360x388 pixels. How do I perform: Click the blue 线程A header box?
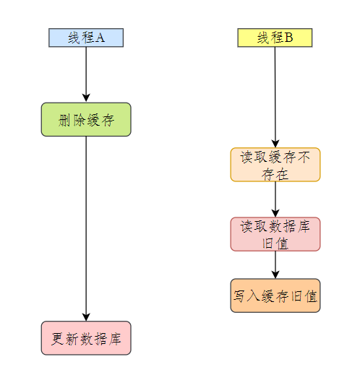point(86,38)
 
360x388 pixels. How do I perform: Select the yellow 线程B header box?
point(275,38)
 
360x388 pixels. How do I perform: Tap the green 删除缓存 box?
point(86,119)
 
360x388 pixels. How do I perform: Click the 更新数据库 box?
point(86,338)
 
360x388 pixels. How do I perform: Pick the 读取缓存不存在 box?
point(275,165)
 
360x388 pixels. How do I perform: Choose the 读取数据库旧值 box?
point(275,234)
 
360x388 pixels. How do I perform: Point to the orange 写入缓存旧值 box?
point(275,296)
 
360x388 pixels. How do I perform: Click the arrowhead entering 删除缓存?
point(86,98)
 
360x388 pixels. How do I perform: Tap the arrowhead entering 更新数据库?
point(86,317)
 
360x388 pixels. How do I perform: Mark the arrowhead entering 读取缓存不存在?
point(275,144)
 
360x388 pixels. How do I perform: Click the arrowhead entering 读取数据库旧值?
point(275,213)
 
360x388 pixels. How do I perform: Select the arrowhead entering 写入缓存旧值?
point(275,275)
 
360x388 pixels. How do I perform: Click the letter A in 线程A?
point(100,38)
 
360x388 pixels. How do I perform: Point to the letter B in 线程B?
point(289,38)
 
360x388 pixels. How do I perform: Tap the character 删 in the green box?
point(64,120)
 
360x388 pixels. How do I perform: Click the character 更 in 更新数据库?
point(57,339)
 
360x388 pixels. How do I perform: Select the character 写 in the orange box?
point(239,296)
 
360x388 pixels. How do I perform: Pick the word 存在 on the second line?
point(275,174)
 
